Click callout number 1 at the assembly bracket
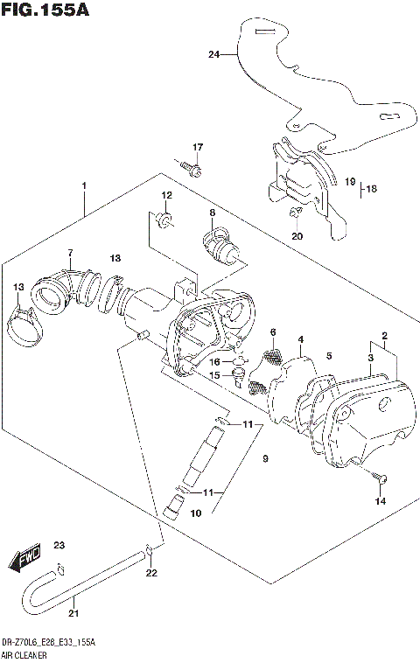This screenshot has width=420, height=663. [x=84, y=186]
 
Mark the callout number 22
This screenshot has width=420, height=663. [x=151, y=574]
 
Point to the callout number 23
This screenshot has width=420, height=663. [x=59, y=546]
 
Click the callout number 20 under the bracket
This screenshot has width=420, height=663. [x=297, y=236]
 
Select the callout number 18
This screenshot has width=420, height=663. [x=371, y=188]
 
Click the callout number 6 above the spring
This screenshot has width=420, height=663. [x=272, y=331]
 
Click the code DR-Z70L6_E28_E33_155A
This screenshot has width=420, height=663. [x=48, y=642]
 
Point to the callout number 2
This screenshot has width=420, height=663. [x=384, y=335]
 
